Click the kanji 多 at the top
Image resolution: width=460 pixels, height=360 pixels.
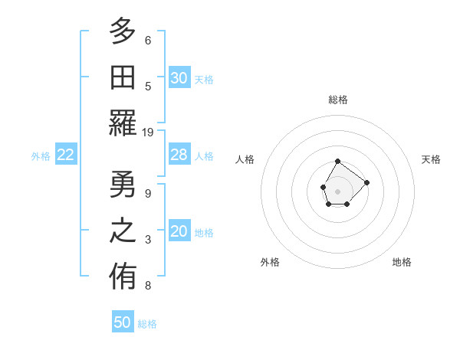pos(123,32)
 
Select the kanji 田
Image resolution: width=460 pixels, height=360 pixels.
pos(123,77)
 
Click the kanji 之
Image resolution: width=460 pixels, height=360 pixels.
pos(123,231)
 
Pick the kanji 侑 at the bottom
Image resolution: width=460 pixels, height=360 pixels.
pos(123,277)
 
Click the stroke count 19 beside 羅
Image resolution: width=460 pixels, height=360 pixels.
pos(148,132)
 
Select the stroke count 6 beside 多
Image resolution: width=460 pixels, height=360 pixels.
pos(148,40)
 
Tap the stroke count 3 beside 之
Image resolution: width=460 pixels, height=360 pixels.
pos(148,240)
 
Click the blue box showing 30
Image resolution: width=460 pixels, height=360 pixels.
pos(179,78)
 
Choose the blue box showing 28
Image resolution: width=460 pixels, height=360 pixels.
pos(179,155)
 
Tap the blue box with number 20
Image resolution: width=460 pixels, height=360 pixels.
pos(179,232)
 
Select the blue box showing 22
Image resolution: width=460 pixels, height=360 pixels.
pos(66,155)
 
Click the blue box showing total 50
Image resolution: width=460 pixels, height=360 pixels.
pos(123,322)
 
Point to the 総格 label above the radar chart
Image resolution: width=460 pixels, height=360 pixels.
pos(338,100)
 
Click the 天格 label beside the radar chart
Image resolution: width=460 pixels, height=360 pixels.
pos(431,159)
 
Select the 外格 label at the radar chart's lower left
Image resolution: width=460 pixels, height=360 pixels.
pos(270,262)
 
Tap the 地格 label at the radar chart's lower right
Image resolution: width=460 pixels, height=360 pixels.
pos(402,262)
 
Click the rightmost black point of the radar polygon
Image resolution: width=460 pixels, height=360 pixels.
pos(367,182)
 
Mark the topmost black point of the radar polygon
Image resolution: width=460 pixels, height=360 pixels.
pos(338,161)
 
